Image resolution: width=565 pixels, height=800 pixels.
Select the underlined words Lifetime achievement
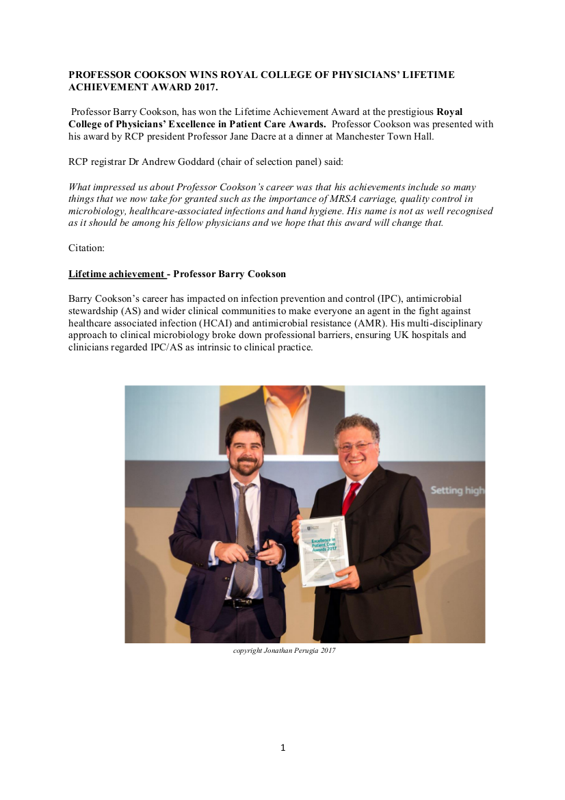[116, 274]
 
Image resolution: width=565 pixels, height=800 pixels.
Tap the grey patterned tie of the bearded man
[244, 541]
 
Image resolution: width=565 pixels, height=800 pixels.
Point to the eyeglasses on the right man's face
[356, 446]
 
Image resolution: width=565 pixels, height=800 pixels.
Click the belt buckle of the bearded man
[240, 604]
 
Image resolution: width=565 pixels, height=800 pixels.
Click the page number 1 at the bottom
[282, 748]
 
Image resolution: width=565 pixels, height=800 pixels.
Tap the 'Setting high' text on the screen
[457, 491]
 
